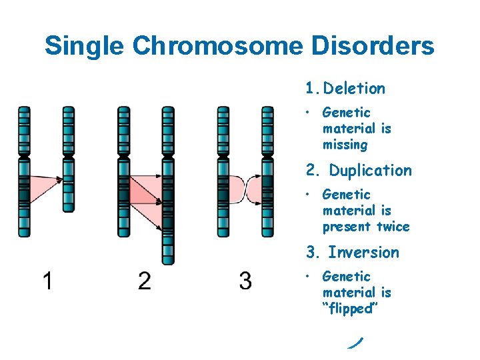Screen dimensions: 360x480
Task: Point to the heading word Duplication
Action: click(371, 171)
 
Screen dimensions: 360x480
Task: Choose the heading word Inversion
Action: click(364, 253)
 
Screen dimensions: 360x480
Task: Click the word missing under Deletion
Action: click(345, 145)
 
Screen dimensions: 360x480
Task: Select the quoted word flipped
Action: click(347, 309)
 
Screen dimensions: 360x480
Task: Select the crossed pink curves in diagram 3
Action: click(245, 189)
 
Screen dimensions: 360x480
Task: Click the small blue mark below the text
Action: click(355, 343)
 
